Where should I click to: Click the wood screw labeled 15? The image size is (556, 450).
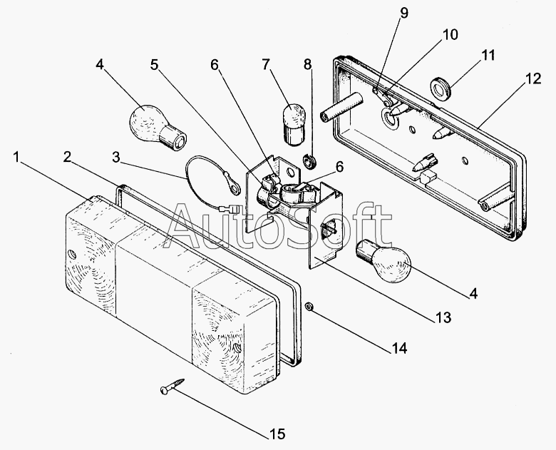point(173,386)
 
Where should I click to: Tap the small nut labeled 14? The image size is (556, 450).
point(309,305)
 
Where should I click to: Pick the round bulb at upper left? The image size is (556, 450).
point(157,129)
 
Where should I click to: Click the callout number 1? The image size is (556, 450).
point(16,157)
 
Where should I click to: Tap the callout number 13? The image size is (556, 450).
point(443,317)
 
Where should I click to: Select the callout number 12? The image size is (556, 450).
point(533,78)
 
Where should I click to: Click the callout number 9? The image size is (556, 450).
point(404,13)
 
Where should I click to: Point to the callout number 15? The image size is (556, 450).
point(277,434)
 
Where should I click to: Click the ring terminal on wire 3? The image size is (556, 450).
point(234,188)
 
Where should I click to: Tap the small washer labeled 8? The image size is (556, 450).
point(310,160)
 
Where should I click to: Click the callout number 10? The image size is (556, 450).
point(450,34)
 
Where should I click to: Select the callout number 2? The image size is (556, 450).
point(68,156)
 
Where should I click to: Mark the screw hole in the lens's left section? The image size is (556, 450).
point(72,254)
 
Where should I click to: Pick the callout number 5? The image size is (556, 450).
point(154,65)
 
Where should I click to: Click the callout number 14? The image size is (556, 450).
point(399,349)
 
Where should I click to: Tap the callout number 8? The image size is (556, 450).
point(307,64)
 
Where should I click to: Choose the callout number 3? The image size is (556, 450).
point(116,157)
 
